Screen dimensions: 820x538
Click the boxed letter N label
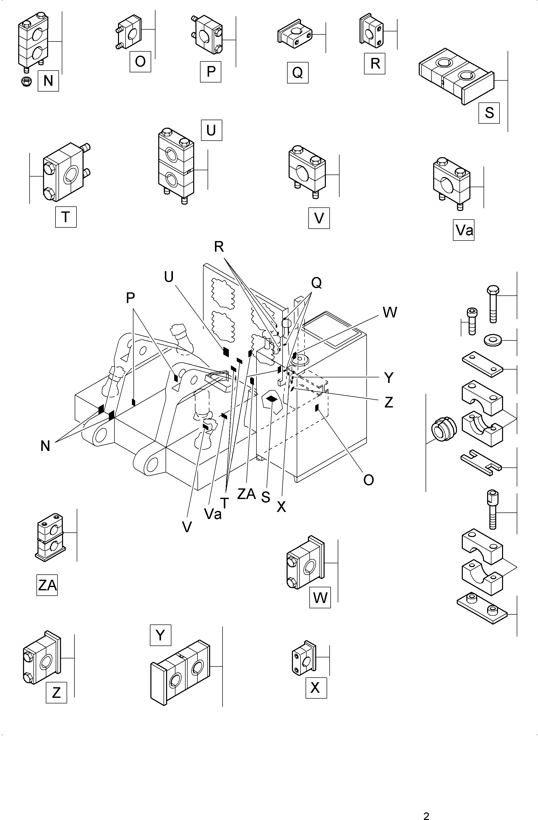click(x=48, y=81)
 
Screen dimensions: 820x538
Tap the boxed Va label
click(x=464, y=230)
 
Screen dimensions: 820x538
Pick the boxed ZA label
click(x=47, y=585)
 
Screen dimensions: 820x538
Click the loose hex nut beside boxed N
click(x=26, y=81)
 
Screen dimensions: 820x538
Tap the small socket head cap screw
click(x=471, y=321)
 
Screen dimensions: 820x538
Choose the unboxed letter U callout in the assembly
click(x=169, y=277)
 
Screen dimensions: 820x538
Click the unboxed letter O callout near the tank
click(x=368, y=480)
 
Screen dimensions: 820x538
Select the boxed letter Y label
click(x=160, y=635)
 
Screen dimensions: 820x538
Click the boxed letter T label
click(x=66, y=217)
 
